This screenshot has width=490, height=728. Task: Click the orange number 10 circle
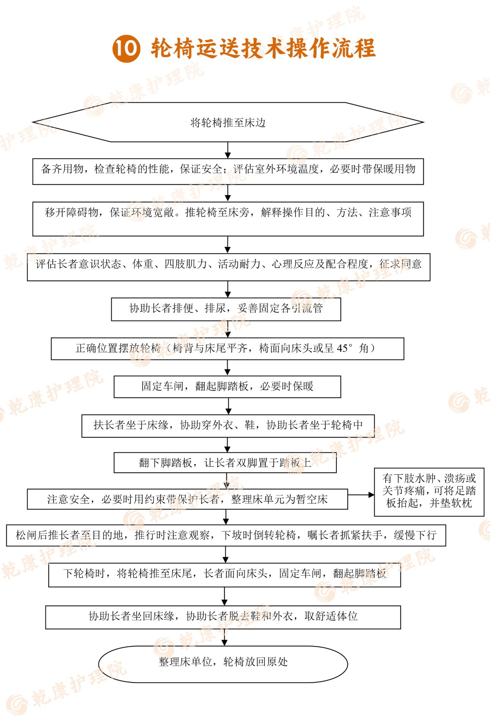pyautogui.click(x=126, y=49)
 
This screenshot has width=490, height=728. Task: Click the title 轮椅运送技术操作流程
pyautogui.click(x=263, y=49)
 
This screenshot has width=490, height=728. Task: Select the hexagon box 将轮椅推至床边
pyautogui.click(x=228, y=122)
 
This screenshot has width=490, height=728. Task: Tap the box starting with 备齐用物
pyautogui.click(x=228, y=171)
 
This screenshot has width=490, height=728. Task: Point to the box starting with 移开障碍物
pyautogui.click(x=228, y=219)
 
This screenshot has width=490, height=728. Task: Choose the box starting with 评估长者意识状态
pyautogui.click(x=229, y=267)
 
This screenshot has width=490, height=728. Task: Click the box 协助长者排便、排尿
pyautogui.click(x=226, y=309)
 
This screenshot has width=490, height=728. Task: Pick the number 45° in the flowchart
pyautogui.click(x=345, y=348)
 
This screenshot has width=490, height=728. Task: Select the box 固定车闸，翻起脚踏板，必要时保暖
pyautogui.click(x=228, y=387)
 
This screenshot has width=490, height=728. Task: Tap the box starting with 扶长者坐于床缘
pyautogui.click(x=228, y=426)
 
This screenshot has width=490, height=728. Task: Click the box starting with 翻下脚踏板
pyautogui.click(x=225, y=463)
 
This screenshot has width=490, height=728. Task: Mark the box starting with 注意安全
pyautogui.click(x=187, y=499)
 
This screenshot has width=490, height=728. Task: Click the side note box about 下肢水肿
pyautogui.click(x=429, y=492)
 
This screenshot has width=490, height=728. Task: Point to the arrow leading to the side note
pyautogui.click(x=361, y=495)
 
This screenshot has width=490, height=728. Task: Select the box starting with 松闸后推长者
pyautogui.click(x=226, y=535)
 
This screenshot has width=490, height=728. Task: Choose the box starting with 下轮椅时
pyautogui.click(x=225, y=575)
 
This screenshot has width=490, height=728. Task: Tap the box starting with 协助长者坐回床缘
pyautogui.click(x=223, y=617)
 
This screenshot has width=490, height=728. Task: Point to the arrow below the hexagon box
pyautogui.click(x=228, y=151)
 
